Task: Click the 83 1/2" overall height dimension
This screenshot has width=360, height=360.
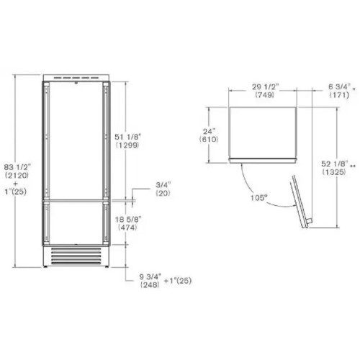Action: (x=17, y=167)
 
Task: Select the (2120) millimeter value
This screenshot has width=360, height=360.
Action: (x=17, y=176)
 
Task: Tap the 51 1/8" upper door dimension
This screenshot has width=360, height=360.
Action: (x=128, y=137)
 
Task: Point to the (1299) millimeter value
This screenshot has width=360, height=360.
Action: (x=127, y=145)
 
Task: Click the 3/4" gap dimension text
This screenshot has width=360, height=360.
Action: (x=163, y=185)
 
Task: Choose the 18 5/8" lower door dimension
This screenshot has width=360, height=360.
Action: (x=128, y=220)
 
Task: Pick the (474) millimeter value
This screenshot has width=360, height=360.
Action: (x=127, y=228)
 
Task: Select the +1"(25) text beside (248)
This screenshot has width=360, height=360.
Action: (x=178, y=281)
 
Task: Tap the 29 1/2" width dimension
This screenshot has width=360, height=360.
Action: (x=266, y=86)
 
